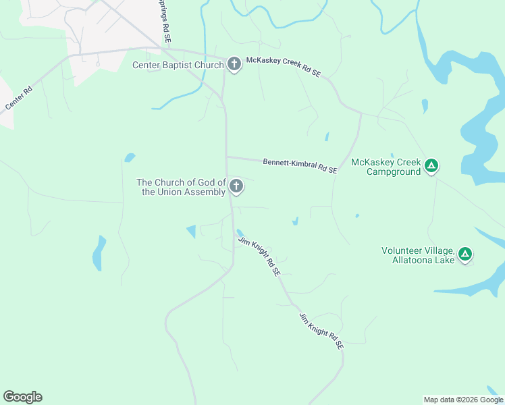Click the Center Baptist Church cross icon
pos(234,65)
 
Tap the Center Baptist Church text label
pos(178,65)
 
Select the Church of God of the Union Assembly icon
pos(236,186)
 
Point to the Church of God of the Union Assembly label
pos(180,187)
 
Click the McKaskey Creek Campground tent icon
pos(431,165)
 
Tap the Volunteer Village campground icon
pos(464,254)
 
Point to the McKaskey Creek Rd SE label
pos(283,65)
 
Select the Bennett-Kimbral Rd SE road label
pos(300,165)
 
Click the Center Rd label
pos(18,99)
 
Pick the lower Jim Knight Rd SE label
pos(321,330)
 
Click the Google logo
pos(22,397)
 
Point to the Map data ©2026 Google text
pos(462,400)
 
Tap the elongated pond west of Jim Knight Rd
pos(99,252)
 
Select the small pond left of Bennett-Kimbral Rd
pos(130,158)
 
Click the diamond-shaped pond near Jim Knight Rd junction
pos(191,231)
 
